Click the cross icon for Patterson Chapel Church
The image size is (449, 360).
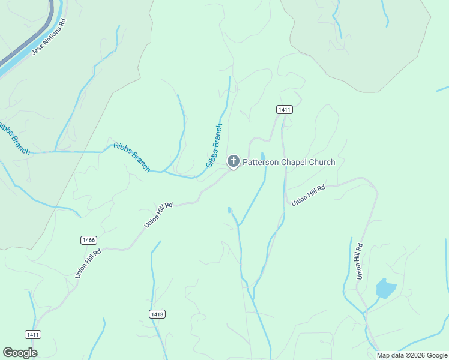click(x=233, y=161)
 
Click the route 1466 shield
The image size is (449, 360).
click(x=88, y=240)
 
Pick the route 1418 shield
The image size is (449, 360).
click(x=157, y=314)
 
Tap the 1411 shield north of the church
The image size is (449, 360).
click(x=285, y=109)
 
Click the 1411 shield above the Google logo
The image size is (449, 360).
click(x=33, y=334)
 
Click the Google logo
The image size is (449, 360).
click(x=20, y=353)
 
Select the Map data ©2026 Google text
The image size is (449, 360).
click(x=412, y=355)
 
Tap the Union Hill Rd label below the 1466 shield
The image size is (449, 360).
click(x=88, y=262)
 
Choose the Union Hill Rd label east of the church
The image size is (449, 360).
click(x=308, y=196)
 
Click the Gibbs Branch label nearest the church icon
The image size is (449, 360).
click(x=214, y=146)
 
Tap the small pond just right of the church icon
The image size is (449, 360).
click(x=263, y=156)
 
